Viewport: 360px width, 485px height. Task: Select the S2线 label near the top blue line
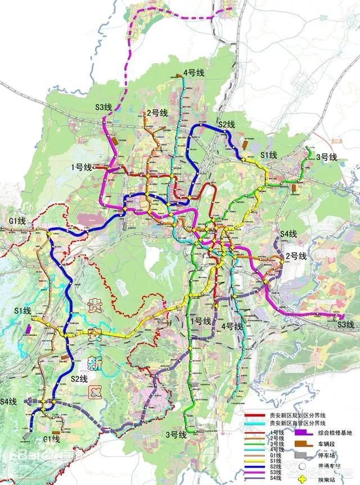[x=227, y=124]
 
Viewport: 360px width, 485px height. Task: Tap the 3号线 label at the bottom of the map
[x=176, y=434]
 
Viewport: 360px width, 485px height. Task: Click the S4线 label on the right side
[x=289, y=233]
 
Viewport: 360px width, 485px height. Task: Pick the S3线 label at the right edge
[x=346, y=324]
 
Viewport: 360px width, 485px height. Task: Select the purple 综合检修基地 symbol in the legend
[x=304, y=433]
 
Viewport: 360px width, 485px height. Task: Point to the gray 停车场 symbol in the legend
[x=304, y=455]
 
